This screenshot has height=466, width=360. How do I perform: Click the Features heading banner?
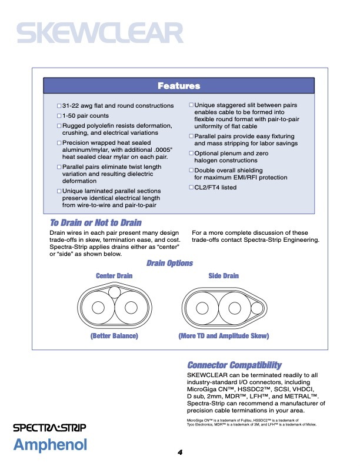pyautogui.click(x=179, y=86)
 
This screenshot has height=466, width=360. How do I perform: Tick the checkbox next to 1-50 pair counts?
pyautogui.click(x=59, y=116)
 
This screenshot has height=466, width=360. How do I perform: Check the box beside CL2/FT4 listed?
pyautogui.click(x=191, y=188)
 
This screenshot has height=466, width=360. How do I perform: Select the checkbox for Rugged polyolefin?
pyautogui.click(x=59, y=127)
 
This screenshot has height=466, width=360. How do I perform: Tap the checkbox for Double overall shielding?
pyautogui.click(x=191, y=171)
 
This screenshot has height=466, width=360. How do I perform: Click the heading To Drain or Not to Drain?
pyautogui.click(x=95, y=222)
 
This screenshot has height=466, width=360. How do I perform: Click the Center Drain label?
pyautogui.click(x=114, y=276)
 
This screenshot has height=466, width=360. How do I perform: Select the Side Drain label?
pyautogui.click(x=224, y=276)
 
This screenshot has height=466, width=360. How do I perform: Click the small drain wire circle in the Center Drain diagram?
pyautogui.click(x=114, y=291)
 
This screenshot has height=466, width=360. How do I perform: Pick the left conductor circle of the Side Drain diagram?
pyautogui.click(x=201, y=308)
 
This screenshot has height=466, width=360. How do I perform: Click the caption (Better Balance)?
pyautogui.click(x=114, y=336)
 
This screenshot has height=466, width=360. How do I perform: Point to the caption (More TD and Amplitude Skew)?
pyautogui.click(x=224, y=336)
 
